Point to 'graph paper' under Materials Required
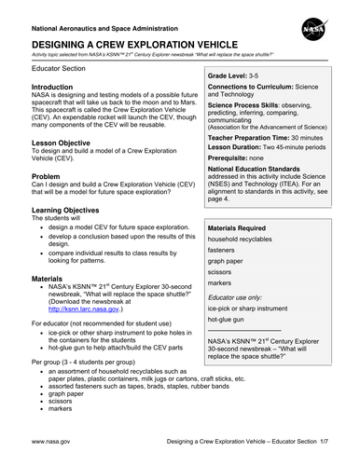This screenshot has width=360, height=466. [230, 289]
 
